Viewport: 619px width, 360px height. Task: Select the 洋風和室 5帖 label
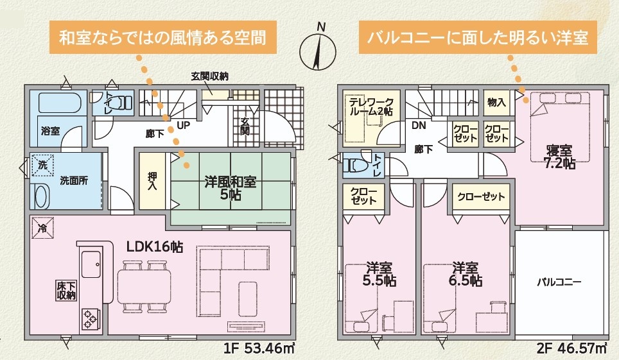230,188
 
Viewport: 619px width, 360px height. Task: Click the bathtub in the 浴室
60,103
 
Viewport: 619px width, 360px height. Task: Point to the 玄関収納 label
209,76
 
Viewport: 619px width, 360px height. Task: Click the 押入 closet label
152,181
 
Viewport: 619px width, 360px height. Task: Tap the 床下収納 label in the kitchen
66,291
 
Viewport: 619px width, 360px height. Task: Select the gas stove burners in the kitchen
90,319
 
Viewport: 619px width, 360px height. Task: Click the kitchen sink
91,264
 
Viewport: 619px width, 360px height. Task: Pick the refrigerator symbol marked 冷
42,228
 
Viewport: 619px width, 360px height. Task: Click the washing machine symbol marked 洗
42,165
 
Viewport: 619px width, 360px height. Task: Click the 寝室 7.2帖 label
560,157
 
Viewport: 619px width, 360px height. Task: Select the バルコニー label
559,282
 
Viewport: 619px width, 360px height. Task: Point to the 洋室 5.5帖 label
379,274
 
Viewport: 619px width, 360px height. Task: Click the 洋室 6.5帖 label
466,274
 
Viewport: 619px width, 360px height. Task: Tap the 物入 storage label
496,102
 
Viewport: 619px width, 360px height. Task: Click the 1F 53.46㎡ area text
259,348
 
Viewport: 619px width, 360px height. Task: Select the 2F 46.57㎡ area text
571,348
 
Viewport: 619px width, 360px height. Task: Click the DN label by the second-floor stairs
419,126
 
